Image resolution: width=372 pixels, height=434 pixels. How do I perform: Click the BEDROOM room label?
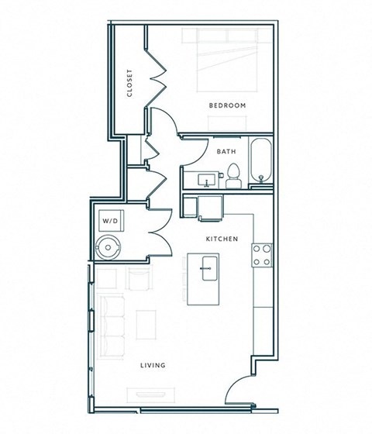pyautogui.click(x=227, y=105)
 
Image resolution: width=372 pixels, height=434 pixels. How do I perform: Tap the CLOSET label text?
pyautogui.click(x=129, y=83)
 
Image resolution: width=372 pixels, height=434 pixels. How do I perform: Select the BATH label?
pyautogui.click(x=226, y=151)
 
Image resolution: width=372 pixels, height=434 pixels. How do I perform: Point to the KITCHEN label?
pyautogui.click(x=222, y=239)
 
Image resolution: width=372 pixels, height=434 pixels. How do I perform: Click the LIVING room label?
pyautogui.click(x=153, y=365)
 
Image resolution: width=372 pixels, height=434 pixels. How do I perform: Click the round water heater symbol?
pyautogui.click(x=108, y=247)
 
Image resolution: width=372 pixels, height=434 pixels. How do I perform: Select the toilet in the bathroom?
pyautogui.click(x=233, y=176)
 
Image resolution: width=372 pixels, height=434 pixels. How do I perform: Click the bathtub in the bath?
pyautogui.click(x=261, y=160)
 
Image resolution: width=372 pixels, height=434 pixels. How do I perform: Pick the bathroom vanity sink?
pyautogui.click(x=207, y=180)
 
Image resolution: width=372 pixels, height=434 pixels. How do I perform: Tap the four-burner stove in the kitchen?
pyautogui.click(x=262, y=255)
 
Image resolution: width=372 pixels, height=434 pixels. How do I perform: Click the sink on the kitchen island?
pyautogui.click(x=209, y=268)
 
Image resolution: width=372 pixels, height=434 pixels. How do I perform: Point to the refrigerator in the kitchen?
pyautogui.click(x=210, y=208)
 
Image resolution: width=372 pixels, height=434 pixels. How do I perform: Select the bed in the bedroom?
pyautogui.click(x=227, y=60)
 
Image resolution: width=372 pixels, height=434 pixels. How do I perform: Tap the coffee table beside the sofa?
pyautogui.click(x=146, y=325)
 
